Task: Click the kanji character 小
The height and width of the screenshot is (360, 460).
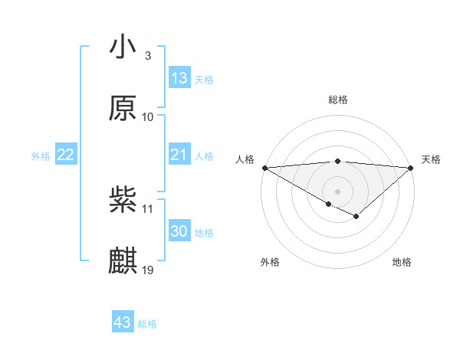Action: pyautogui.click(x=123, y=47)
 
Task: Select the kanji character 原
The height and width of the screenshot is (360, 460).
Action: pyautogui.click(x=123, y=108)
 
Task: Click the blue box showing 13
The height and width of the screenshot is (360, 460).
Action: pyautogui.click(x=179, y=77)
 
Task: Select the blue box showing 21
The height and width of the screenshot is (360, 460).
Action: pyautogui.click(x=179, y=155)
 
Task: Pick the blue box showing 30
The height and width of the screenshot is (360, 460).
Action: pyautogui.click(x=179, y=231)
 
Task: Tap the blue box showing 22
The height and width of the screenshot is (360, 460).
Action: pyautogui.click(x=66, y=155)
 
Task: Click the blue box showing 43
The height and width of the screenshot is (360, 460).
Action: pyautogui.click(x=123, y=322)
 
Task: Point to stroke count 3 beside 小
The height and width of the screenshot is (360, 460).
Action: pyautogui.click(x=148, y=56)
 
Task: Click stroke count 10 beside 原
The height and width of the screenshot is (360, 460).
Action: pyautogui.click(x=148, y=116)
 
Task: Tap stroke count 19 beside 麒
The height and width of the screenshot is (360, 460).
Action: pyautogui.click(x=148, y=270)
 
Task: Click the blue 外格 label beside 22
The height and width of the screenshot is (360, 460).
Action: pyautogui.click(x=41, y=156)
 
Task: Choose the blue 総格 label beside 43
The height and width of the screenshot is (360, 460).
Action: pyautogui.click(x=148, y=324)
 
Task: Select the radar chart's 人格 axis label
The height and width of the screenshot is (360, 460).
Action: pyautogui.click(x=245, y=159)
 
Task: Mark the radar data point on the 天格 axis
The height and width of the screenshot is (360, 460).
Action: pyautogui.click(x=412, y=168)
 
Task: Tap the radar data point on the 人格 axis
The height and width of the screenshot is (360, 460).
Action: pyautogui.click(x=264, y=168)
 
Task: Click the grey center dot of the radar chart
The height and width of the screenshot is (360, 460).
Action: pyautogui.click(x=337, y=191)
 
